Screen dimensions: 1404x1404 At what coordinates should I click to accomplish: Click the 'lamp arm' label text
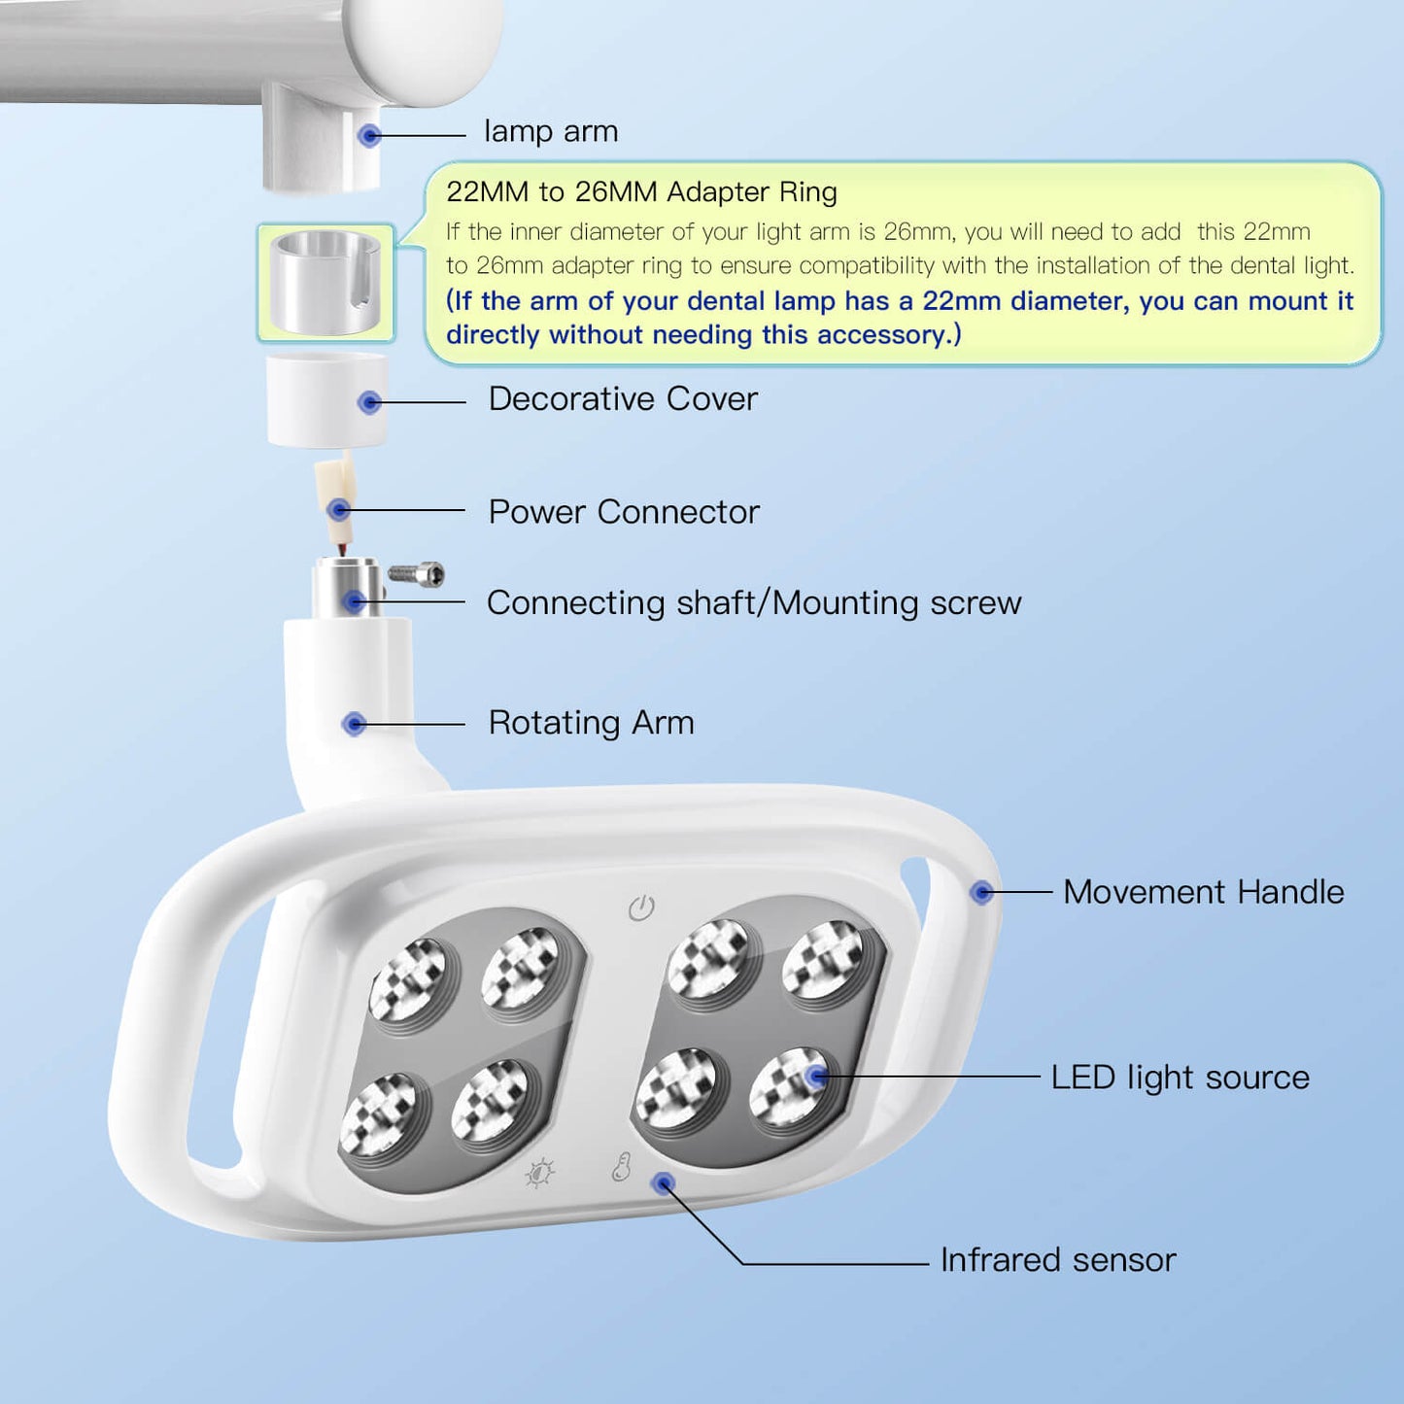[x=550, y=131]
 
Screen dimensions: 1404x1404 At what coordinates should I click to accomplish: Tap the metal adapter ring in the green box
[x=325, y=283]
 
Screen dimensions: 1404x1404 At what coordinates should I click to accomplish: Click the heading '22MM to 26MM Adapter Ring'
[x=641, y=192]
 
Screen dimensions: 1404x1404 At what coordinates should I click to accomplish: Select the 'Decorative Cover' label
[x=622, y=399]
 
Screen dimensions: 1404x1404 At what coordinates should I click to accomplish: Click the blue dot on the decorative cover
[x=369, y=402]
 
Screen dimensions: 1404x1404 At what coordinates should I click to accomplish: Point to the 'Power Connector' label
[x=623, y=512]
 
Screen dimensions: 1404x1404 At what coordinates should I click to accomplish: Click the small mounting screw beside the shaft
[x=418, y=575]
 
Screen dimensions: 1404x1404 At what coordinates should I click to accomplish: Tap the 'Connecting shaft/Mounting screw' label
[x=753, y=603]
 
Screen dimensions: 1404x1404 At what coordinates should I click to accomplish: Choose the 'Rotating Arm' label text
[x=591, y=723]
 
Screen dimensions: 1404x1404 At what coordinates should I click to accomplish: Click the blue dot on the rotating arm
[x=355, y=724]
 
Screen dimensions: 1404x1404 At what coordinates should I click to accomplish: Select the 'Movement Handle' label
[x=1203, y=892]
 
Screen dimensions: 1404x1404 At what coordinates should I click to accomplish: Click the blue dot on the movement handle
[x=982, y=892]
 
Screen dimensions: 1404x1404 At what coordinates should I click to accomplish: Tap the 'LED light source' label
[x=1180, y=1078]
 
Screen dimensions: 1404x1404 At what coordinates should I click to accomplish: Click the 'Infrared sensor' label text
[x=1057, y=1260]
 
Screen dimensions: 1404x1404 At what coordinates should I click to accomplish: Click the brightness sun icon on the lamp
[x=539, y=1173]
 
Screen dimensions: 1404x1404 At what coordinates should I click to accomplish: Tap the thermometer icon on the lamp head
[x=622, y=1167]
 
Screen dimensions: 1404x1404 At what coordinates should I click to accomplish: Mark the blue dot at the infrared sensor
[x=664, y=1183]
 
